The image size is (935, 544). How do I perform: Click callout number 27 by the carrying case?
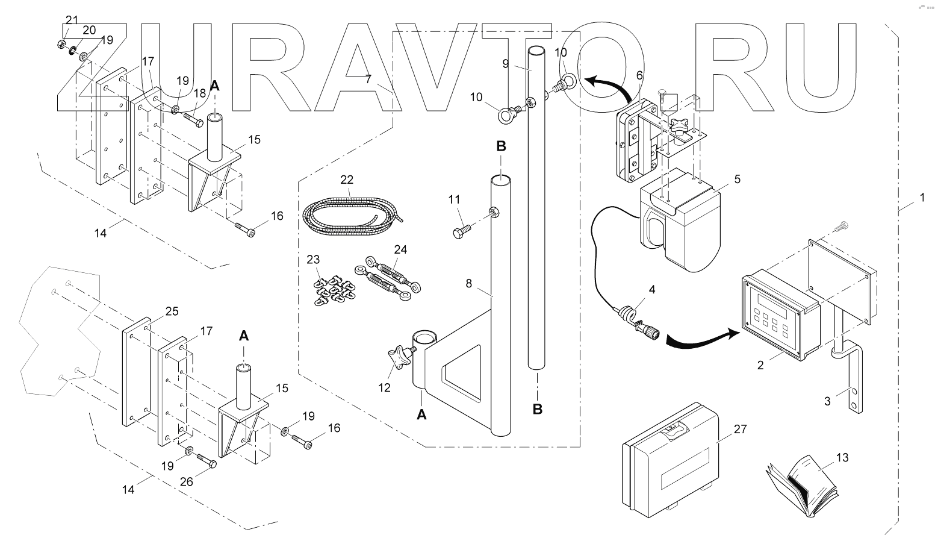click(740, 430)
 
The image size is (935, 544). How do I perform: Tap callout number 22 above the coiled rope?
click(347, 180)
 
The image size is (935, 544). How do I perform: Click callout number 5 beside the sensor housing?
click(737, 179)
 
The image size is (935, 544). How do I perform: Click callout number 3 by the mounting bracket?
click(828, 401)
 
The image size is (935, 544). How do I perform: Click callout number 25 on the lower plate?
click(172, 312)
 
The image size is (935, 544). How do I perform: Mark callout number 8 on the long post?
click(469, 282)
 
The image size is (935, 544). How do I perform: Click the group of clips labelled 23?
click(331, 289)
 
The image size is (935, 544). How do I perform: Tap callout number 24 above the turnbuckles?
click(400, 249)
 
